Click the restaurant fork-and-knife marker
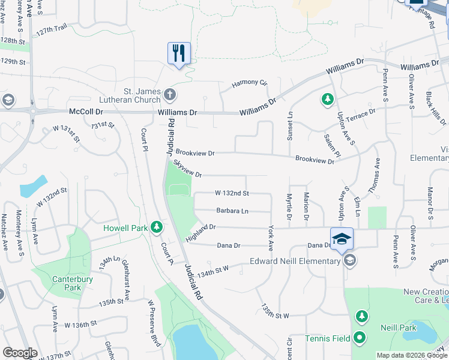pyautogui.click(x=179, y=53)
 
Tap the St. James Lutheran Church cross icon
pyautogui.click(x=170, y=94)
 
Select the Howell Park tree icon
pyautogui.click(x=157, y=227)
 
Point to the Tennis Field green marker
pyautogui.click(x=360, y=338)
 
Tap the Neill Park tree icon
pyautogui.click(x=361, y=316)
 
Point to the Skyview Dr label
pyautogui.click(x=187, y=168)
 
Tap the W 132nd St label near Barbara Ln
pyautogui.click(x=232, y=193)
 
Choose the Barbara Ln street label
pyautogui.click(x=232, y=211)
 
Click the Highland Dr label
pyautogui.click(x=200, y=229)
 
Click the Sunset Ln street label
pyautogui.click(x=290, y=126)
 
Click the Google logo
pyautogui.click(x=20, y=353)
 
